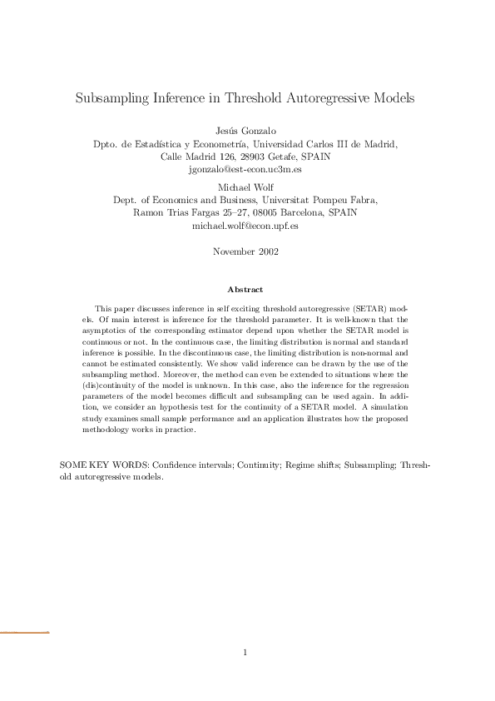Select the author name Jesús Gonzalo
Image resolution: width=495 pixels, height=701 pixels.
pos(246,131)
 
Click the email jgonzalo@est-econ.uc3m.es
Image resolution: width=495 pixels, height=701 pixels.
pos(246,168)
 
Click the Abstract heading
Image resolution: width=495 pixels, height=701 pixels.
pos(245,290)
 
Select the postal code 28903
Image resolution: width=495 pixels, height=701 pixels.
pos(241,156)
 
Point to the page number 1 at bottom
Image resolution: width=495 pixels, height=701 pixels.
pos(245,652)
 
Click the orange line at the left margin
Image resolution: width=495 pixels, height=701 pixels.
pos(24,633)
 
